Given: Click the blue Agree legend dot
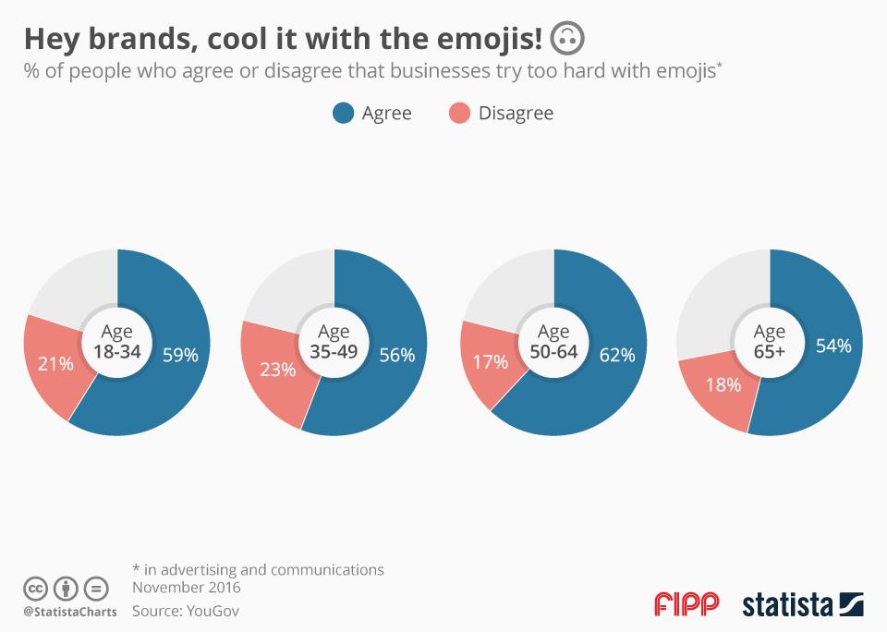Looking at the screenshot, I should point(344,114).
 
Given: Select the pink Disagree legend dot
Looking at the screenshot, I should point(459,114).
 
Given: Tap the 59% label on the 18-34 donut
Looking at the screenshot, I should point(180,354).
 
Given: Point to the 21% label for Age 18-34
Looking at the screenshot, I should point(55,363).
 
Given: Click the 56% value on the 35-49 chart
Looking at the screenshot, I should point(396,354).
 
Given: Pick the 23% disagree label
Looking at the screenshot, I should point(277,370).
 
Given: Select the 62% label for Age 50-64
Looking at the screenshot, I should point(616,354).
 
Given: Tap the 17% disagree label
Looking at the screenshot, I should point(491,361).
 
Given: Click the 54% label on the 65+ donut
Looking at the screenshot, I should point(832,346).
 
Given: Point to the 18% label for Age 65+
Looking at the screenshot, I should point(723,384).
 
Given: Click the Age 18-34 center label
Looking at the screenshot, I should point(117,341).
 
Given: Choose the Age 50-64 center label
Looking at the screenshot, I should point(553,341).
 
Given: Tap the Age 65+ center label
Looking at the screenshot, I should point(770,341).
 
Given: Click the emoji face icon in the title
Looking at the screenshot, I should point(566,39).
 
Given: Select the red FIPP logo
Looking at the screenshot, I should point(687,604).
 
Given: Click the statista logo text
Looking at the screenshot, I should point(787,605).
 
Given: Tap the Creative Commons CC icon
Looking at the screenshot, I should point(36,588).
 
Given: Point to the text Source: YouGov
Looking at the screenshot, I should point(186,611).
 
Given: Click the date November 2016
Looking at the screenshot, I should point(187,587).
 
